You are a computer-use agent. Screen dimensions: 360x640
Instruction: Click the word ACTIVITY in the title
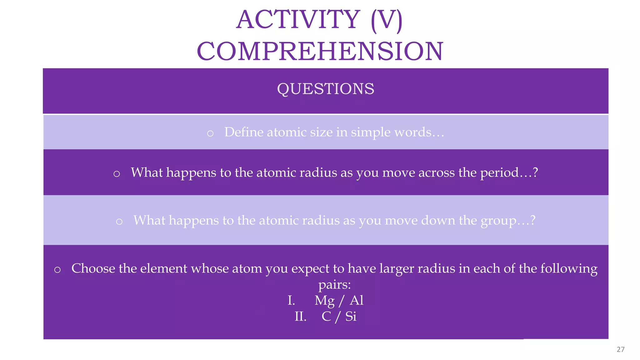tap(298, 20)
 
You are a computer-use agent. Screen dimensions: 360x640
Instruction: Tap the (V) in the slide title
tap(387, 20)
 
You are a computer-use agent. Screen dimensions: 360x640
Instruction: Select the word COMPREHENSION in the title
tap(320, 52)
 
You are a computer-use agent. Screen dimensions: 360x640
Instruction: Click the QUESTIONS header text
tap(326, 89)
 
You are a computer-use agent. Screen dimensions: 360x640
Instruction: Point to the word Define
tap(244, 132)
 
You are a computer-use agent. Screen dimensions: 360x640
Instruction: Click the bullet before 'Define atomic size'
tap(210, 133)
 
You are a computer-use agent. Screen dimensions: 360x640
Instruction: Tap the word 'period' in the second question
tap(499, 173)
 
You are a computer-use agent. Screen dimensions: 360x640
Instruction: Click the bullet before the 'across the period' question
tap(117, 174)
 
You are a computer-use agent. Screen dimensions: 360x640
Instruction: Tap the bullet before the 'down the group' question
tap(119, 222)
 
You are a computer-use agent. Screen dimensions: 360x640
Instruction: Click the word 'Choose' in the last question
tap(93, 268)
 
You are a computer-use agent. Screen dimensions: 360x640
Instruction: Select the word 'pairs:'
tap(334, 285)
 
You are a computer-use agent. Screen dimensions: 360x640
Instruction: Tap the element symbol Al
tap(357, 301)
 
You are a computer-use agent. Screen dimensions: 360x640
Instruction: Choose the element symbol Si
tap(351, 317)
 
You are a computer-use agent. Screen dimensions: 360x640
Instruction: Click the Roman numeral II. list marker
tap(300, 317)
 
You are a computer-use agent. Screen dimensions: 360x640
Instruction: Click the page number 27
tap(620, 349)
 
